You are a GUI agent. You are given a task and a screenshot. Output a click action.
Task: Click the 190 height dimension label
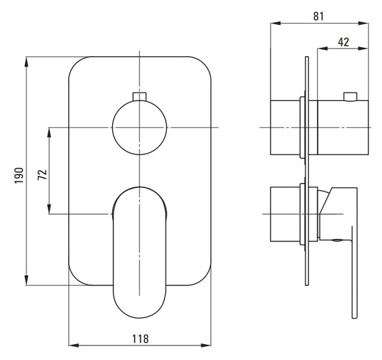click(x=19, y=175)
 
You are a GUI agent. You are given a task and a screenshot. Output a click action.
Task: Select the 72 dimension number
click(x=43, y=175)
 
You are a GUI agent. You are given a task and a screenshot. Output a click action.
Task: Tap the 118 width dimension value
click(x=140, y=339)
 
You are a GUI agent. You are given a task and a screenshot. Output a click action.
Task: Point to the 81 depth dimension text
click(x=318, y=17)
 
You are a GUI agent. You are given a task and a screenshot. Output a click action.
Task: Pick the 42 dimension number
click(x=344, y=42)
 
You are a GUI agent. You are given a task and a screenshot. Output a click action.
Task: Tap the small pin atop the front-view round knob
click(x=139, y=96)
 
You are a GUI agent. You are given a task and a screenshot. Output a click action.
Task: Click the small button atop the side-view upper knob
click(x=350, y=96)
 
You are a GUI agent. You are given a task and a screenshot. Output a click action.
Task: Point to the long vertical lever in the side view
click(x=355, y=272)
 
